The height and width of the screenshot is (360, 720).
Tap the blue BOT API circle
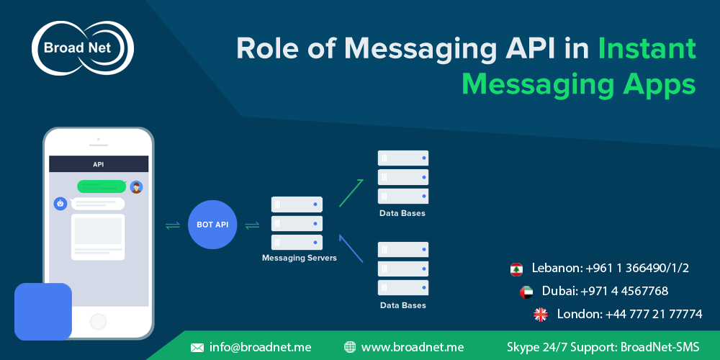coord(212,225)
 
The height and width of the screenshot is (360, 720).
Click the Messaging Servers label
coord(299,258)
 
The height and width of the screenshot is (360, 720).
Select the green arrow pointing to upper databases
coord(351,193)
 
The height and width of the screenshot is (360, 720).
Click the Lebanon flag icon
coord(516,269)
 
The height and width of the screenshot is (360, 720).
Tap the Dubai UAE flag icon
coord(526,292)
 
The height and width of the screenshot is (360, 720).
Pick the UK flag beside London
coord(540,314)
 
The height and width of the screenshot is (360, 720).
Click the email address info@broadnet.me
coord(260,347)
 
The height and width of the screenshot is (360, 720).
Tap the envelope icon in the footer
coord(197,347)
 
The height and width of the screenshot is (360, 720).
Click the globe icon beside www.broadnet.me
coord(350,347)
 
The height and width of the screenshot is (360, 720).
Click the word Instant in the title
coord(647,48)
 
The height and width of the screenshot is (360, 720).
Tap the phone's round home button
coord(98,322)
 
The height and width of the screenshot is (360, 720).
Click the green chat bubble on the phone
coord(102,186)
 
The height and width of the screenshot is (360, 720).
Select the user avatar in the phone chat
coord(136,187)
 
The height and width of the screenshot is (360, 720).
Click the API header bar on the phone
coord(99,164)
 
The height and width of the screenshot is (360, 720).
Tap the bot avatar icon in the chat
coord(60,204)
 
